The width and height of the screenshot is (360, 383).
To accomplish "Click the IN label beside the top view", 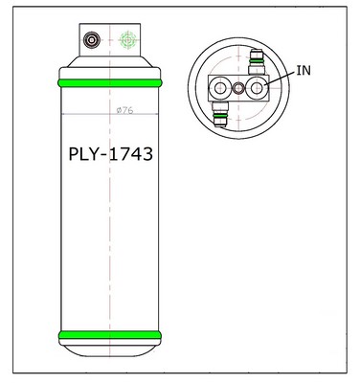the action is pyautogui.click(x=304, y=70).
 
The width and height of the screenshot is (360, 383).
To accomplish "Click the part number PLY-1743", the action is pyautogui.click(x=111, y=154).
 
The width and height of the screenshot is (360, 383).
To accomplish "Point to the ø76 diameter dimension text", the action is pyautogui.click(x=124, y=110).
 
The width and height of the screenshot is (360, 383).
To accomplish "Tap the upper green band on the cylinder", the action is pyautogui.click(x=110, y=83).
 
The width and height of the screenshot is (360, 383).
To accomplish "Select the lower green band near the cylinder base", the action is pyautogui.click(x=110, y=335).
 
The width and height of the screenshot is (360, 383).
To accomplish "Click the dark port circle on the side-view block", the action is pyautogui.click(x=92, y=40).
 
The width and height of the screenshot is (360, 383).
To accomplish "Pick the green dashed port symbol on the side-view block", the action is pyautogui.click(x=127, y=40).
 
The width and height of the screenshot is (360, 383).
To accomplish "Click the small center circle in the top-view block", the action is pyautogui.click(x=237, y=88).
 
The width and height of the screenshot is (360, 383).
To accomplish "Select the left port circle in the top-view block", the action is pyautogui.click(x=220, y=88).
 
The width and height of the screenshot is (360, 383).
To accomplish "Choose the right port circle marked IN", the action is pyautogui.click(x=257, y=88).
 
